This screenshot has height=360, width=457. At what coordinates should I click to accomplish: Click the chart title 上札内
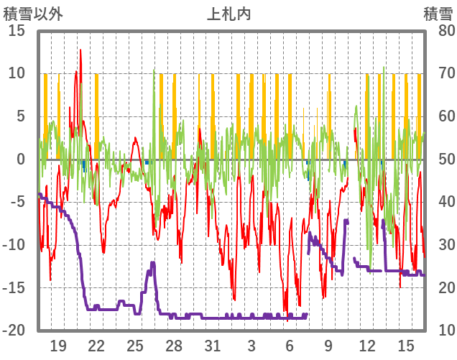228,14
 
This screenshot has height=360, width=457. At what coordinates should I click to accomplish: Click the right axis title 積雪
438,14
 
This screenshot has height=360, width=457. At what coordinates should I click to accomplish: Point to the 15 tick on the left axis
17,30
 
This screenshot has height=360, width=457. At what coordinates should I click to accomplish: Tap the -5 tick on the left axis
17,202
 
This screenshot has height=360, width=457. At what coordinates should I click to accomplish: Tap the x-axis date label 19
58,345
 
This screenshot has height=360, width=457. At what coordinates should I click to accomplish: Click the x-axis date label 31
212,345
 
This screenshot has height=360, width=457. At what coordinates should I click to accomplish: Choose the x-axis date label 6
290,345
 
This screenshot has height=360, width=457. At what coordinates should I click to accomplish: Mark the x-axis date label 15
406,345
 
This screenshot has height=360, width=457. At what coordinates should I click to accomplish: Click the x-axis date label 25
135,345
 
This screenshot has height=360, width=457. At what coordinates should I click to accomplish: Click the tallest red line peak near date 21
80,50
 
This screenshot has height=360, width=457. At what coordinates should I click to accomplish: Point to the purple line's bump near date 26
152,263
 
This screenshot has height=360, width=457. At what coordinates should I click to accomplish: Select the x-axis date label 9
328,345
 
